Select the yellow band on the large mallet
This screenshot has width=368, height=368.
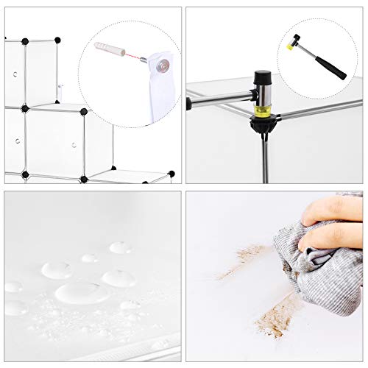pos(263,113)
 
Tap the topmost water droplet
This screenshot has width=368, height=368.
pos(120,247)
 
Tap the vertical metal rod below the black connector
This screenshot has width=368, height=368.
pos(263,158)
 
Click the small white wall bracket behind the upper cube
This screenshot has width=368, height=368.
pos(61,92)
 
